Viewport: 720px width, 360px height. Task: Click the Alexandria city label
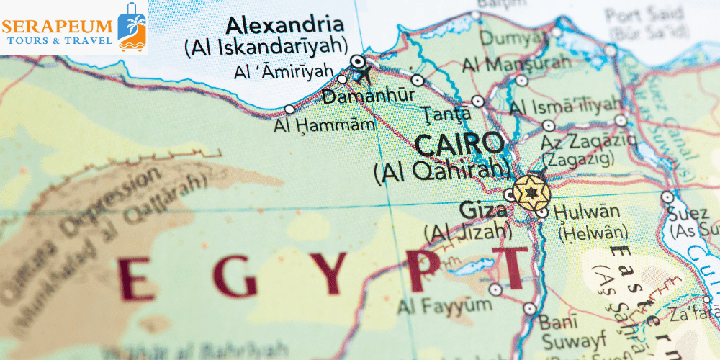point(284,25)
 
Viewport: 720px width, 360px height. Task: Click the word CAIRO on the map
point(459,145)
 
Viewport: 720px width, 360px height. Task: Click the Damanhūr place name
point(368,96)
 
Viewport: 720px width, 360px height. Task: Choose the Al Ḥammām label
point(324,125)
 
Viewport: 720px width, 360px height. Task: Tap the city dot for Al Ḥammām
point(289,109)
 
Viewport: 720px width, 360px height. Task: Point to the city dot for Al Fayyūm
point(495,289)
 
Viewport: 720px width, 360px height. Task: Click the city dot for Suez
point(667,196)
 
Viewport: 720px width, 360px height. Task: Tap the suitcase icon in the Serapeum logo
point(130,27)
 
